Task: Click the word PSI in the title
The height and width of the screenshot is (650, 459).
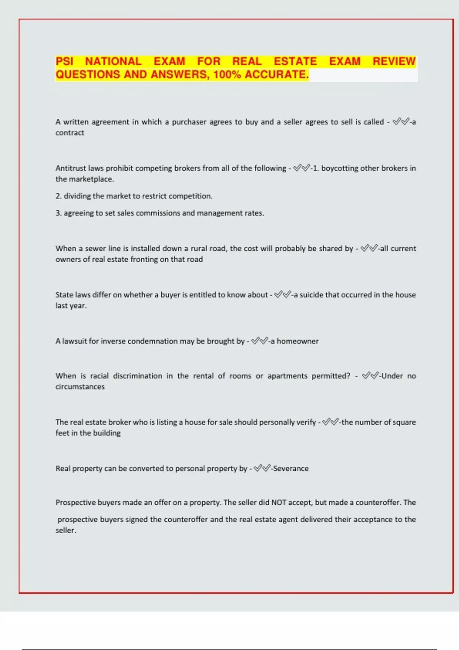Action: coord(64,62)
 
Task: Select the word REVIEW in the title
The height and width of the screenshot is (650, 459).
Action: coord(394,62)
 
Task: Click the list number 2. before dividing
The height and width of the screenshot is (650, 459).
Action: coord(59,196)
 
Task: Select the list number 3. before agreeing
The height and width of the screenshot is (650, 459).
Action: coord(59,213)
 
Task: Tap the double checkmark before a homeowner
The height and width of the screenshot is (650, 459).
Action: coord(260,341)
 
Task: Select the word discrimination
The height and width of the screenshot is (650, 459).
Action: coord(137,376)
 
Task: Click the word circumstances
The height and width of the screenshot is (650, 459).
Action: coord(80,387)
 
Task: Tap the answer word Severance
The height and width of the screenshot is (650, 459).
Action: coord(291,468)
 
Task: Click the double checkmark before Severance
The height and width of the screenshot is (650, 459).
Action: coord(262,468)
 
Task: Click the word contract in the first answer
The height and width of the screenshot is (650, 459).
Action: coord(70,133)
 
